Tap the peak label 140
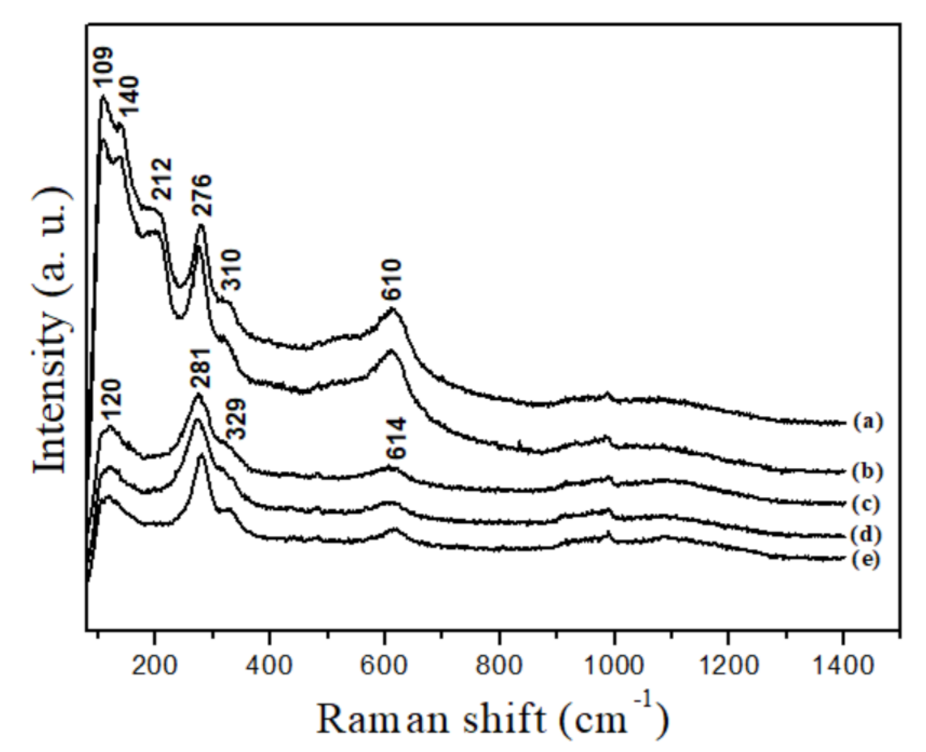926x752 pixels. [130, 95]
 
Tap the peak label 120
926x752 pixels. [111, 400]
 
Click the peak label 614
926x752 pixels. [396, 439]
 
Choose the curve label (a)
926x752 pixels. [867, 422]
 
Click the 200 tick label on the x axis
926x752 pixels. [154, 664]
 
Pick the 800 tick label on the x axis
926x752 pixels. [499, 664]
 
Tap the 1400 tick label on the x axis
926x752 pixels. [843, 664]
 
